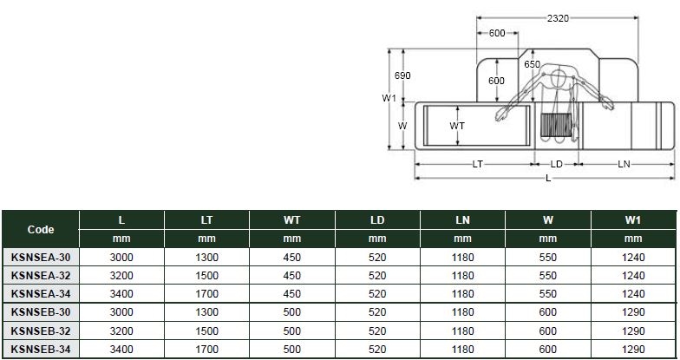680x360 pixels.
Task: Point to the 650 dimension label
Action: (x=532, y=64)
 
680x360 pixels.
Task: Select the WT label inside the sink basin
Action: (x=458, y=126)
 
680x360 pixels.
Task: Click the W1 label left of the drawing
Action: (x=389, y=98)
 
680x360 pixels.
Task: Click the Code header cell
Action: (x=41, y=230)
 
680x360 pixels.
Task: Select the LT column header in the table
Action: (x=206, y=221)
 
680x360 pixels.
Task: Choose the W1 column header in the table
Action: (x=632, y=221)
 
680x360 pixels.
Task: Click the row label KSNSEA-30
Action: (x=41, y=257)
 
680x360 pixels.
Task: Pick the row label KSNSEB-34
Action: (x=41, y=350)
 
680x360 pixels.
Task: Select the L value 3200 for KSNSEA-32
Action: (x=121, y=275)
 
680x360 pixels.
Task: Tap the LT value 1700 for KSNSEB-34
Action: (x=206, y=350)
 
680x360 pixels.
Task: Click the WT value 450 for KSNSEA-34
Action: (x=292, y=294)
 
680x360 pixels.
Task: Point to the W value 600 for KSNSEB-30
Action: (x=547, y=312)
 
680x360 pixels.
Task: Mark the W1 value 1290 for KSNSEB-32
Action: (x=632, y=331)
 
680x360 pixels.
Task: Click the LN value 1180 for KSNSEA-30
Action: (x=462, y=257)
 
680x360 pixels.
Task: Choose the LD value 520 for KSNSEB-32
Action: (x=377, y=331)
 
